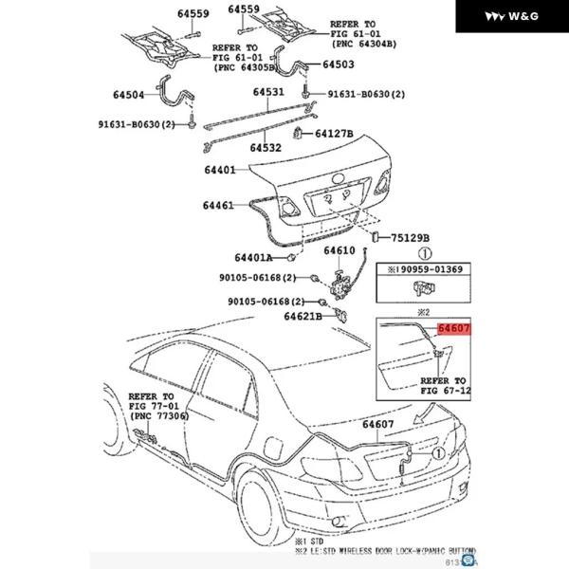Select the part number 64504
pos(132,95)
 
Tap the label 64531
pos(267,92)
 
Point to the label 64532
pos(266,149)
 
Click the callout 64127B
pos(334,135)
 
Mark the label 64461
pos(218,205)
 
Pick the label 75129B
pos(412,238)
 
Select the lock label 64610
pos(339,251)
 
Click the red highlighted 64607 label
pos(453,328)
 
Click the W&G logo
pos(513,16)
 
